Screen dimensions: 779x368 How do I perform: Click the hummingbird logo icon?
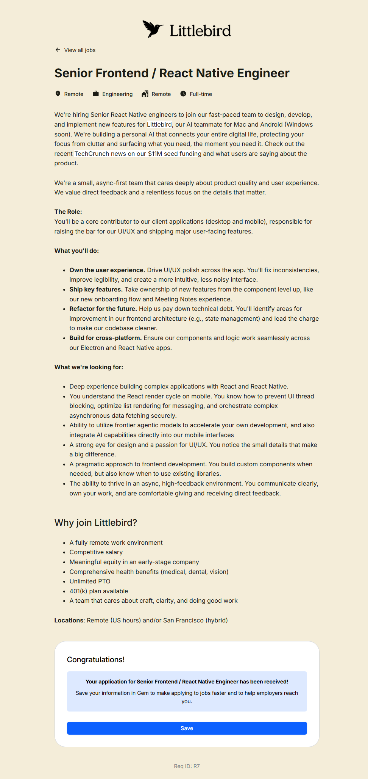(x=153, y=29)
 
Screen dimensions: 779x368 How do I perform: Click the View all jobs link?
(x=80, y=50)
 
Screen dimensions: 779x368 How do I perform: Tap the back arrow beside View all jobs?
(x=58, y=50)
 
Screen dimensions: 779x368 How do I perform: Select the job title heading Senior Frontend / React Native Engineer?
(x=172, y=73)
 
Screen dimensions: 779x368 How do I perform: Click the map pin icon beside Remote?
(x=58, y=94)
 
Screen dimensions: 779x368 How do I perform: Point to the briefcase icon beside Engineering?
(x=96, y=94)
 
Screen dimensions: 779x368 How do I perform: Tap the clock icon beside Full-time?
(x=183, y=94)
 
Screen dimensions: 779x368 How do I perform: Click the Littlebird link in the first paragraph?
(x=159, y=124)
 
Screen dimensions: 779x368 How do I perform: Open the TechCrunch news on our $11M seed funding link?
(x=138, y=154)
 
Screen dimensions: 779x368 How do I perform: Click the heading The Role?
(x=68, y=212)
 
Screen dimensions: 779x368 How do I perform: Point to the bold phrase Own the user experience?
(x=107, y=270)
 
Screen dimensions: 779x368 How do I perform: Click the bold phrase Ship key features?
(x=96, y=289)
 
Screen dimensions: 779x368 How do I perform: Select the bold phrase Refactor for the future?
(x=103, y=309)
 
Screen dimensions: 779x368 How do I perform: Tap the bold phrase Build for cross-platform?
(x=105, y=338)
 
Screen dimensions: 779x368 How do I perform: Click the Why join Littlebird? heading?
(x=96, y=522)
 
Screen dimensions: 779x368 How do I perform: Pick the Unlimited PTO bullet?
(x=90, y=581)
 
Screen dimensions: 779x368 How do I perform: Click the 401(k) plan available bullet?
(x=99, y=591)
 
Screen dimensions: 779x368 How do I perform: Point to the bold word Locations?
(x=69, y=620)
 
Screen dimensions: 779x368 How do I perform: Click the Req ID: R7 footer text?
(x=187, y=766)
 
